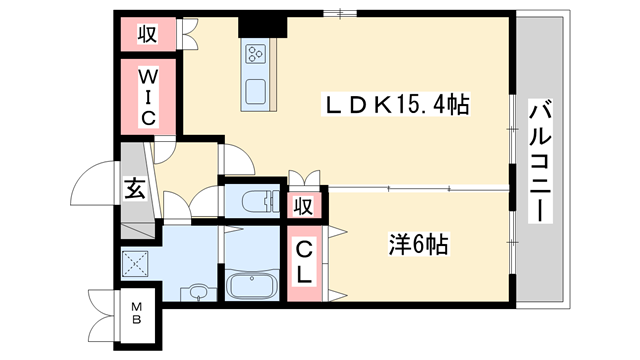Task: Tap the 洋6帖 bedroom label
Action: (417, 243)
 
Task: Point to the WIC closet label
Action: (147, 96)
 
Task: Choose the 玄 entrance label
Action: (133, 186)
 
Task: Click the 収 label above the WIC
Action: (146, 33)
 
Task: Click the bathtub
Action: (252, 284)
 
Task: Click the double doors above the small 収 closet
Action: (304, 178)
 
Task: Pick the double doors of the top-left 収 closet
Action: (188, 33)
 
